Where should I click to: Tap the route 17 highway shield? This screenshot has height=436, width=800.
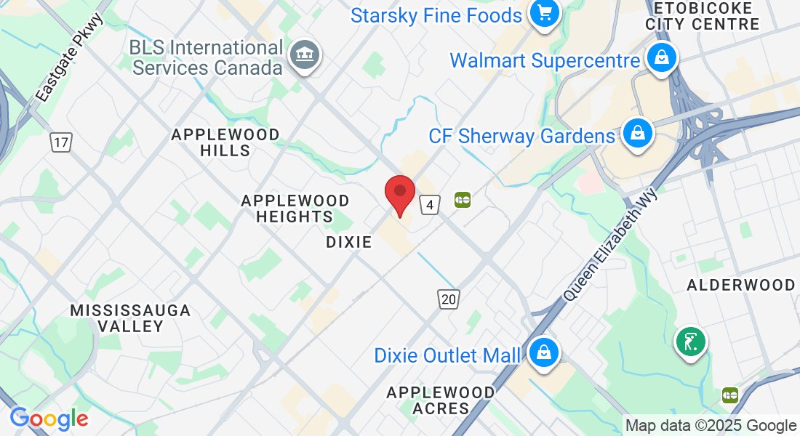coord(61,142)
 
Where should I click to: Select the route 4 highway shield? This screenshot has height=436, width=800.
coord(430,206)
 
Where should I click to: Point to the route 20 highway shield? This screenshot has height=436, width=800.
coord(449,298)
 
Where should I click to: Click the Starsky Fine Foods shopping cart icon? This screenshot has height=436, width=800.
coord(543,14)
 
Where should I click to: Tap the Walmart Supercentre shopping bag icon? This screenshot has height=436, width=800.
coord(662,59)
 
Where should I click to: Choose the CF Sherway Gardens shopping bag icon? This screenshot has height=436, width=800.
coord(637,134)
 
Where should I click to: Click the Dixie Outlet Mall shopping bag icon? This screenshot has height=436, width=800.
coord(542,354)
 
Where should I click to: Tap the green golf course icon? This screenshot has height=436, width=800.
coord(690,341)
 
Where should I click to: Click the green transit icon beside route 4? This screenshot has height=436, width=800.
coord(463,199)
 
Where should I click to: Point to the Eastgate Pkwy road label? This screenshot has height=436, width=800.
coord(70,57)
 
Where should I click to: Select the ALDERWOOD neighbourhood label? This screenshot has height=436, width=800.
coord(741,285)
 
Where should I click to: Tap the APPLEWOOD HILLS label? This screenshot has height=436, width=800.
coord(225,142)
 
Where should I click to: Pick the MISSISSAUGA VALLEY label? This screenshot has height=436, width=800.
coord(130,318)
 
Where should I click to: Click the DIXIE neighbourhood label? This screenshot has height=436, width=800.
coord(349,242)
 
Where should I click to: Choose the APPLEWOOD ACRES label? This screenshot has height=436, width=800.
coord(441,400)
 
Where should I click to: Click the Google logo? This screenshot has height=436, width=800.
coord(49,419)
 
